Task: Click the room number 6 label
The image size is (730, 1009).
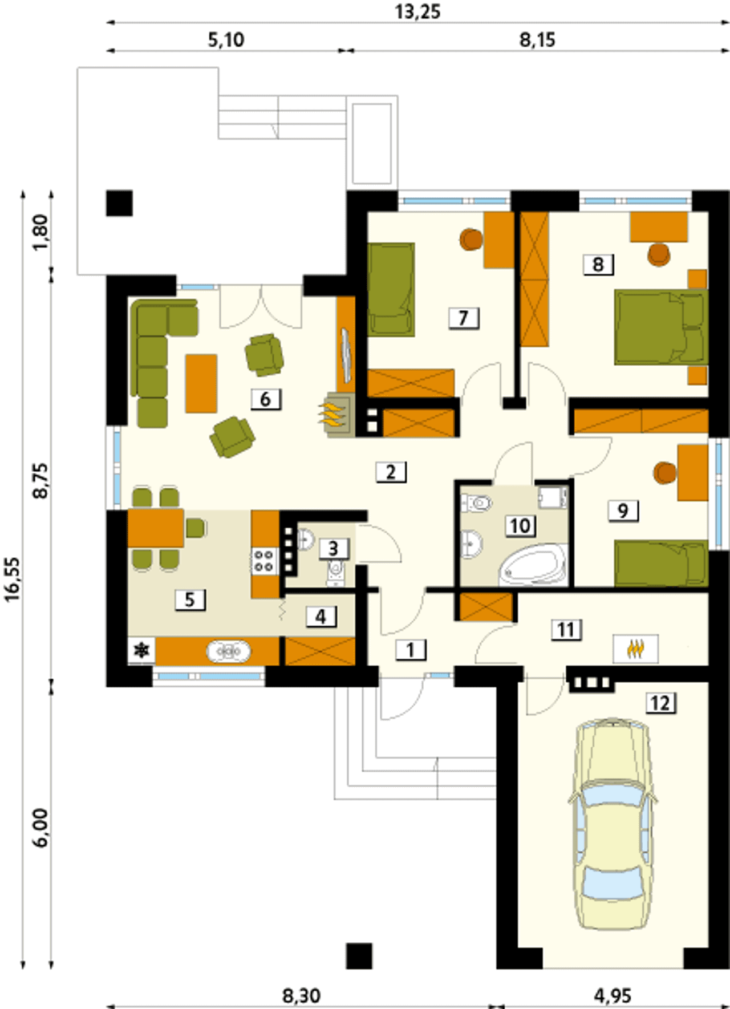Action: click(x=265, y=399)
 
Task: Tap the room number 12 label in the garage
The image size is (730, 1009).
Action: click(x=660, y=703)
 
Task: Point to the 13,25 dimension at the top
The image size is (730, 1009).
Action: click(x=418, y=11)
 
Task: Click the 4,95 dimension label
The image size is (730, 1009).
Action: click(x=613, y=996)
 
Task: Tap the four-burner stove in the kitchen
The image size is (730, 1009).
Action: click(x=264, y=560)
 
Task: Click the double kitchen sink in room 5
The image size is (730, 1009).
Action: click(x=228, y=651)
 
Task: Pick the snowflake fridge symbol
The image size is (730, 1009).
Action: click(x=141, y=650)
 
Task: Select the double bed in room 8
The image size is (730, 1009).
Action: click(x=660, y=327)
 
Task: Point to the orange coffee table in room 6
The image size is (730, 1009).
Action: click(x=201, y=383)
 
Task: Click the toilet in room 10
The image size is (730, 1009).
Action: click(x=477, y=503)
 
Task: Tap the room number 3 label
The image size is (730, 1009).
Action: click(x=333, y=548)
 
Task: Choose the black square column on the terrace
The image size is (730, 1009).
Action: click(x=119, y=203)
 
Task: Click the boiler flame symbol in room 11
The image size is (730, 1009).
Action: click(x=635, y=649)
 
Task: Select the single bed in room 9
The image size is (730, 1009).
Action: click(x=660, y=564)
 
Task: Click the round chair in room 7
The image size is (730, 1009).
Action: click(x=471, y=239)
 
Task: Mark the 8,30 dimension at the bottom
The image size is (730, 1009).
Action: click(x=302, y=996)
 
